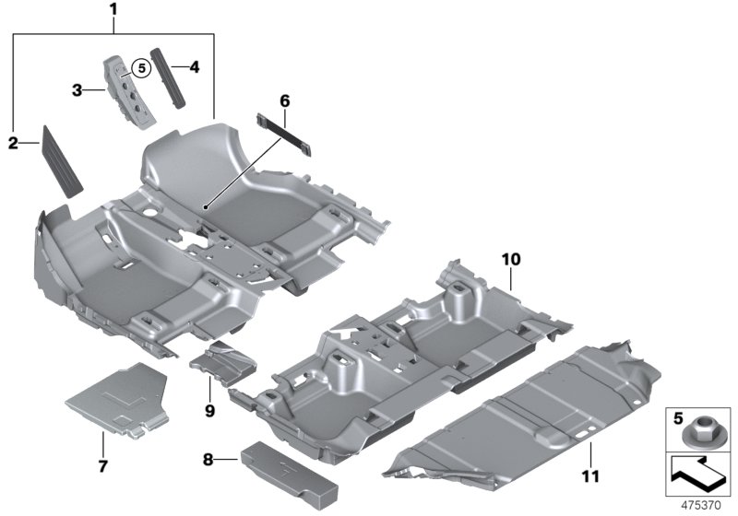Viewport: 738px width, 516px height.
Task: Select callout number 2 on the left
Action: (13, 142)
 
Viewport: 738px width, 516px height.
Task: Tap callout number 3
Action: (79, 89)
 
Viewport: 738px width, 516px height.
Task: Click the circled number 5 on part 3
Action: (139, 67)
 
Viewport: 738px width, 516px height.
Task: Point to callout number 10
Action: (512, 259)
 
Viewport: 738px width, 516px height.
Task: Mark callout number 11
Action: (589, 476)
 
